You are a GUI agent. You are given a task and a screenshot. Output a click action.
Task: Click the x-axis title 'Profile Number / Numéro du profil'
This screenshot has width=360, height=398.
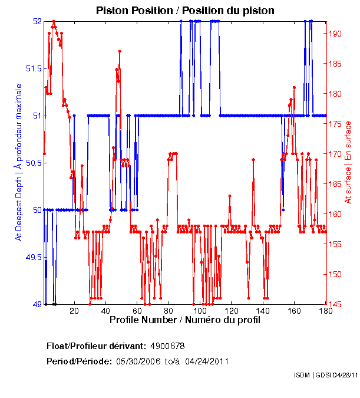184,320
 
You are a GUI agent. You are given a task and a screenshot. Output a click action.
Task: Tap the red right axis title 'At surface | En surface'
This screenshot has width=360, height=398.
348,162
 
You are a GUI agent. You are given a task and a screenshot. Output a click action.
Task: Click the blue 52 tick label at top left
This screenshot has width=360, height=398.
37,21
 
